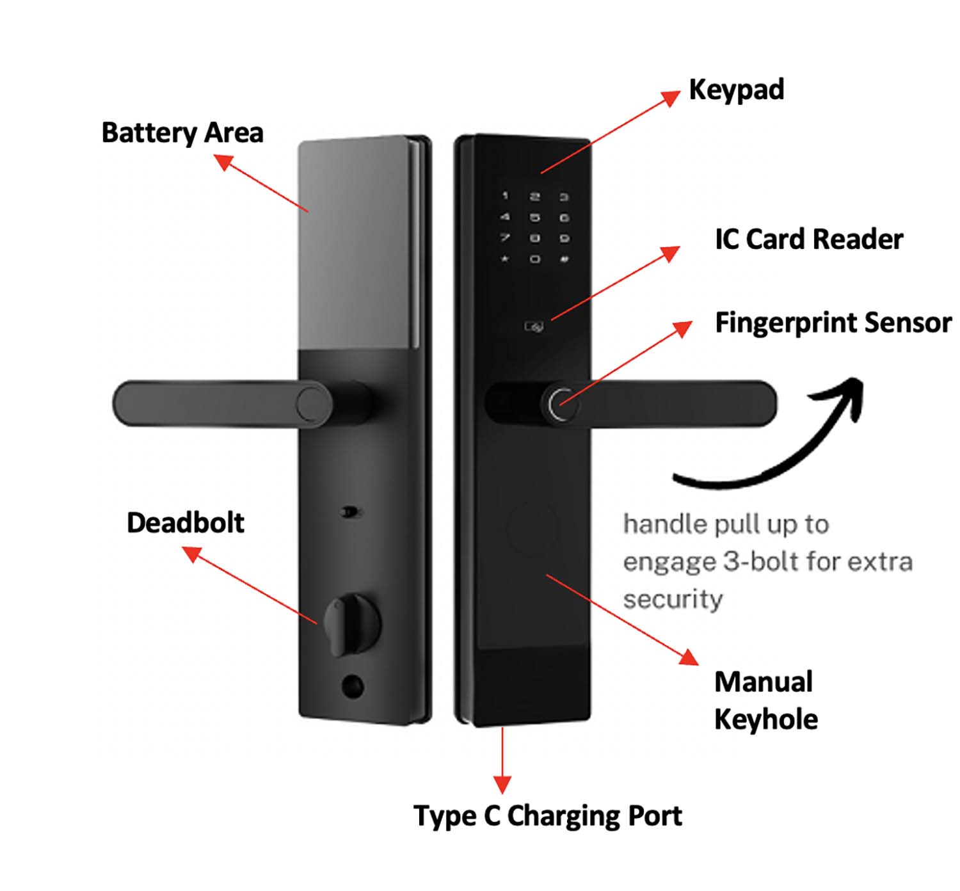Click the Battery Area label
point(182,133)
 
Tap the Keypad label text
point(736,90)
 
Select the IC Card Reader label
point(808,239)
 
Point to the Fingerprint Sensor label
point(833,323)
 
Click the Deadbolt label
point(186,523)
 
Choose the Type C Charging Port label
point(548,816)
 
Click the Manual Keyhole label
point(765,700)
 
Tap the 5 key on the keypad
point(534,218)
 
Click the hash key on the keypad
point(564,259)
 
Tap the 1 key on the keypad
point(505,196)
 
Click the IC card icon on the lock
point(534,327)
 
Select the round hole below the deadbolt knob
point(352,686)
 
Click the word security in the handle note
point(673,600)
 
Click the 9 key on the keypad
point(564,238)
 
